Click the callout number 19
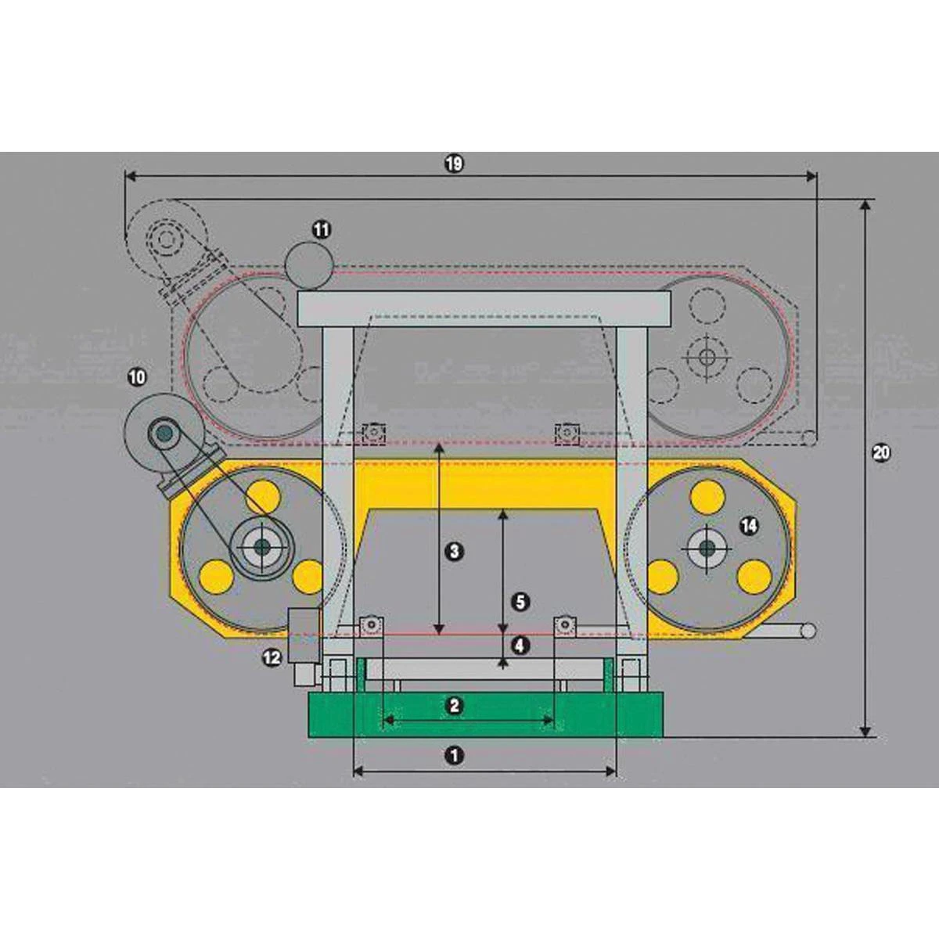point(454,164)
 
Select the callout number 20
point(881,453)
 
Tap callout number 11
point(322,230)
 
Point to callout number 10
point(136,378)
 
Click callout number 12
point(272,659)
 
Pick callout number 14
point(749,526)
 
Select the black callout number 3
point(453,551)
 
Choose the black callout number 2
point(453,705)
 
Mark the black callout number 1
point(453,755)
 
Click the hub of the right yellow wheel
point(707,547)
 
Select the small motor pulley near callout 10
point(164,431)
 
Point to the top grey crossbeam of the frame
point(484,309)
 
